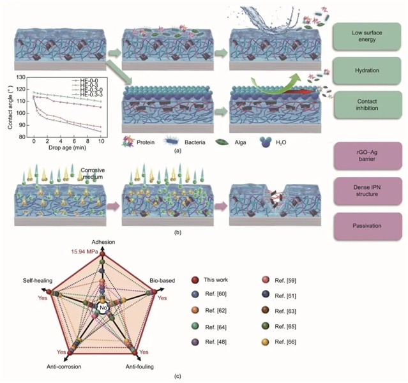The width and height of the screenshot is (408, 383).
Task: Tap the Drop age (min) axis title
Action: tap(67, 148)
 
